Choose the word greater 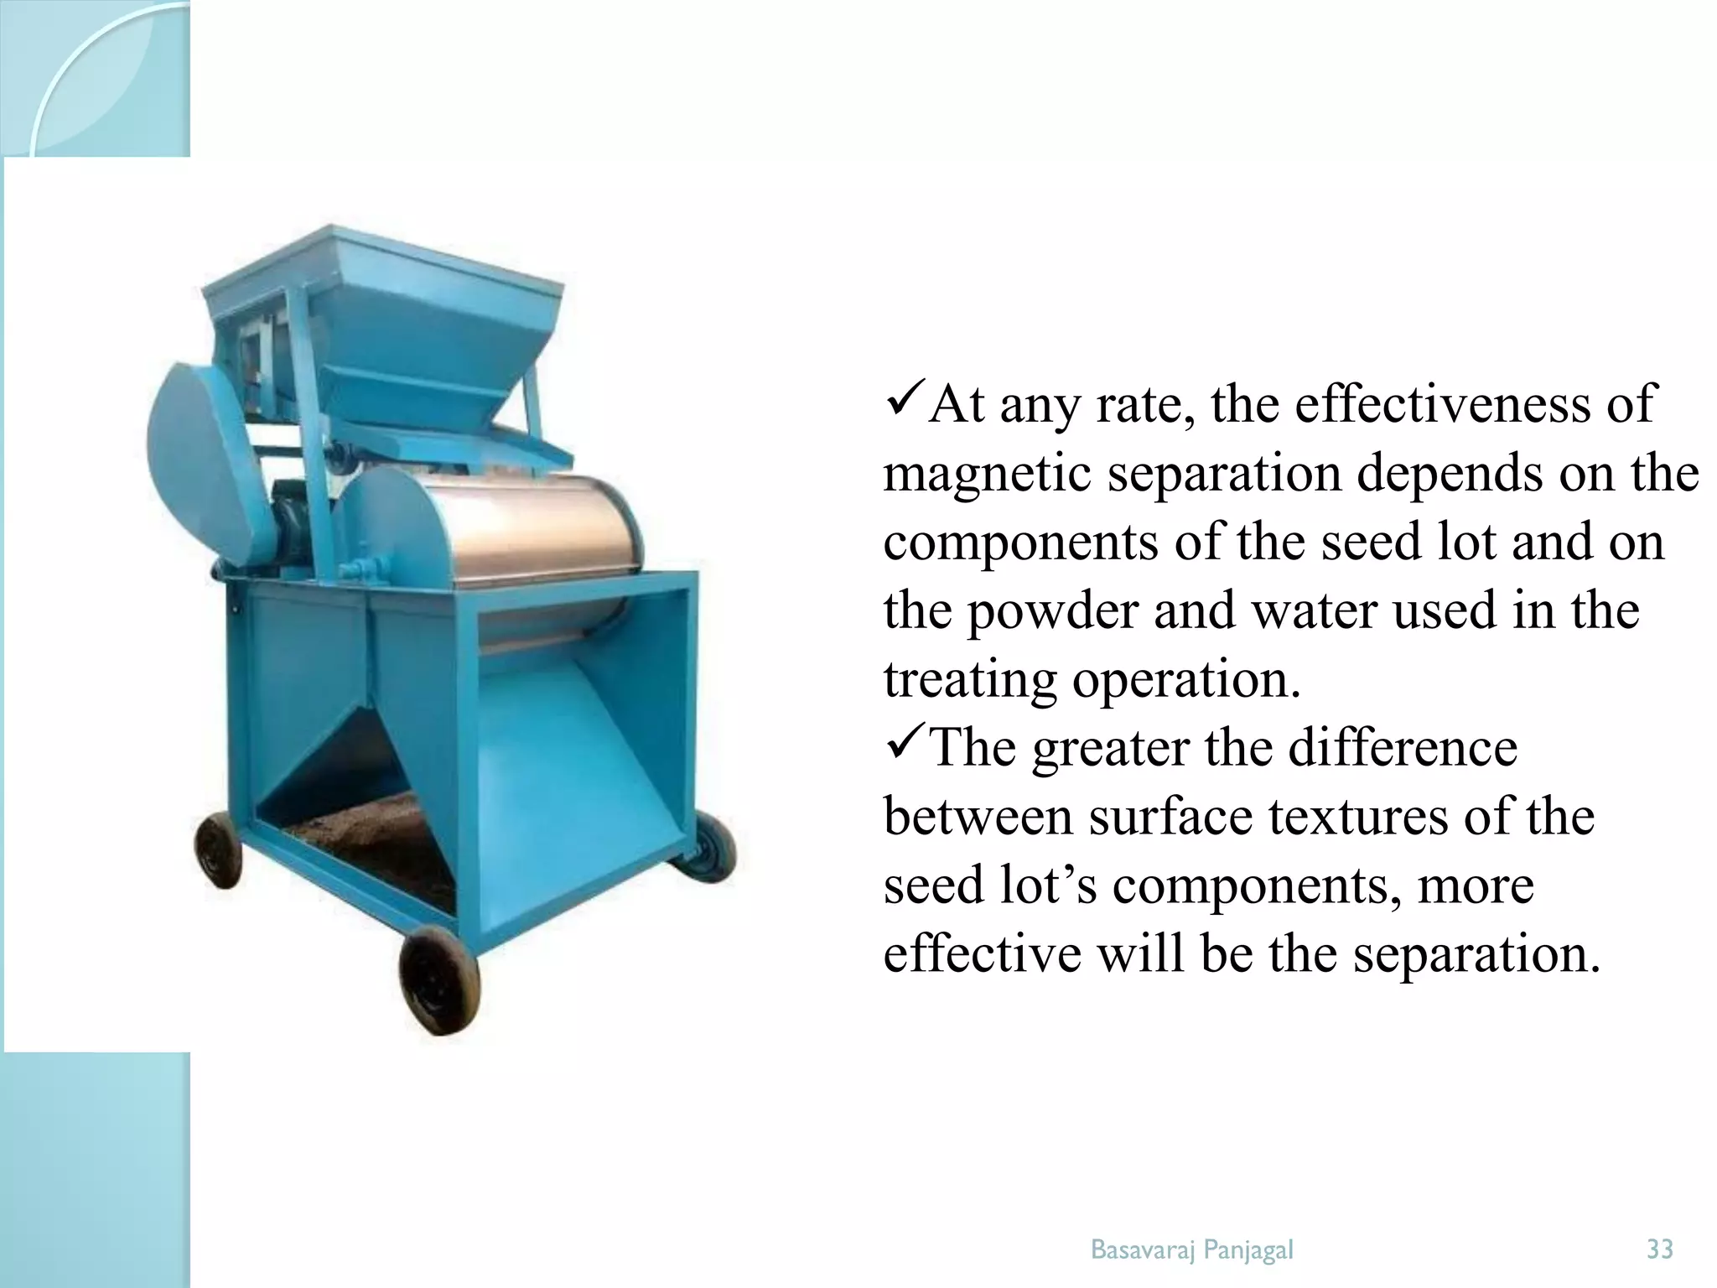pos(1111,748)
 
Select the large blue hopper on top pos(419,319)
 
